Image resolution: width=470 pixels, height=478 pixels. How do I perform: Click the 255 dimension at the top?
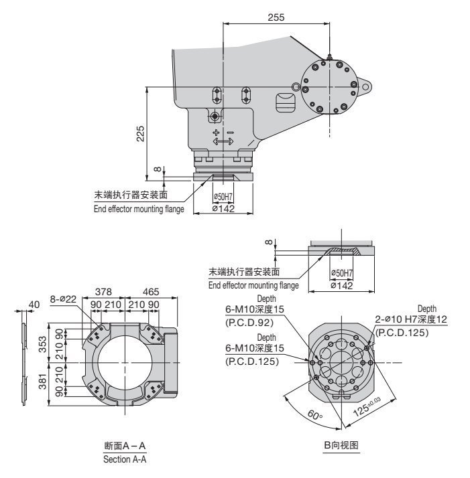(275, 17)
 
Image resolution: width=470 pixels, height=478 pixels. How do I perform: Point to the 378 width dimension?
(103, 293)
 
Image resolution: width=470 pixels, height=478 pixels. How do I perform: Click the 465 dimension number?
(151, 293)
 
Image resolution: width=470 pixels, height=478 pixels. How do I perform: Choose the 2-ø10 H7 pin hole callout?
(411, 321)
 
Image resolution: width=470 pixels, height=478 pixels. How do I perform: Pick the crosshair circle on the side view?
(214, 116)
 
